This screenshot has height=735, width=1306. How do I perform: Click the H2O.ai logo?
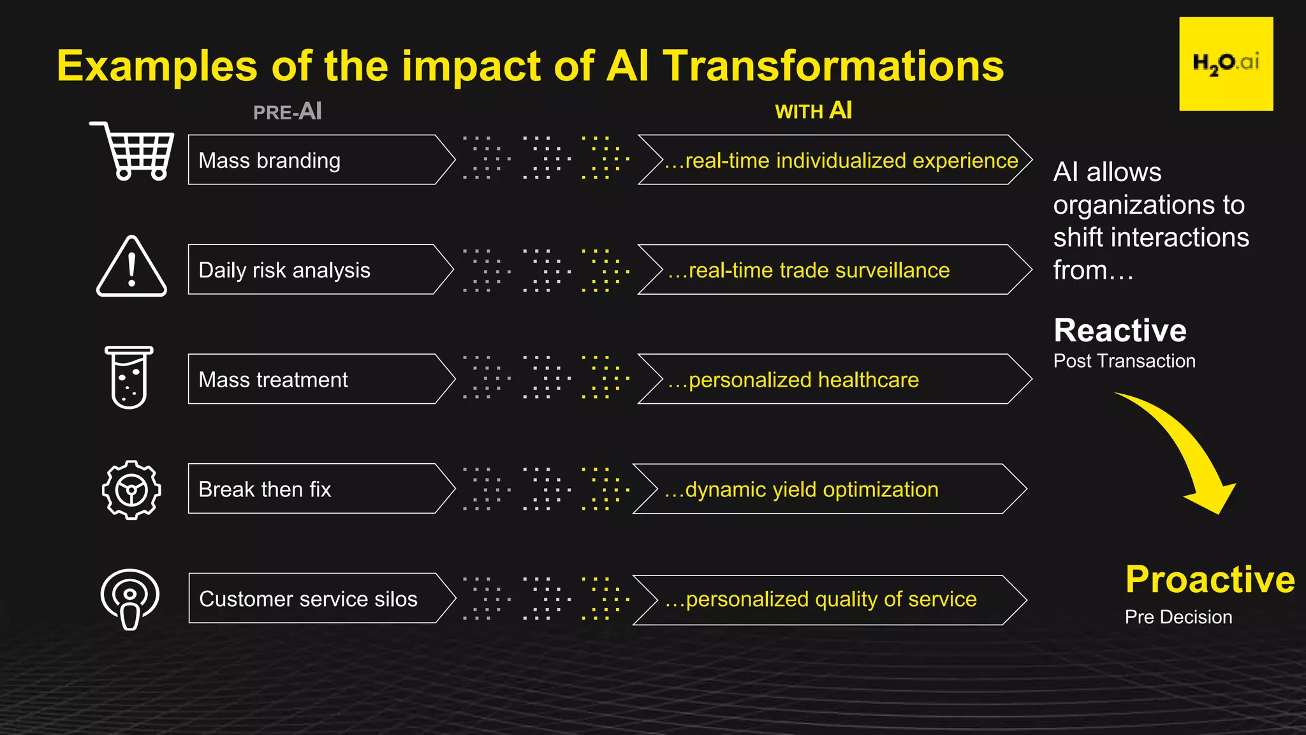tap(1226, 64)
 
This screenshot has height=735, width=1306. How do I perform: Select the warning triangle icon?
tap(131, 267)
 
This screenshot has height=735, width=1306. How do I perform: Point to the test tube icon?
tap(129, 377)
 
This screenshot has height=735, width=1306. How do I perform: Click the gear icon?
tap(131, 489)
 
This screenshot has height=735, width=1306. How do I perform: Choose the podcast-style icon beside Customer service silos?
tap(130, 598)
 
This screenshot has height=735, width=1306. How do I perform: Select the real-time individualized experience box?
tap(835, 160)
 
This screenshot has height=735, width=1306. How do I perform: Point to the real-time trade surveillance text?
tap(809, 271)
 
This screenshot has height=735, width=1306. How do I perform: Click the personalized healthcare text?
tap(793, 380)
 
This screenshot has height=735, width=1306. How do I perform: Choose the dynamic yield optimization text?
tap(802, 490)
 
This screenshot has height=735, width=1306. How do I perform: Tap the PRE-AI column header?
tap(288, 112)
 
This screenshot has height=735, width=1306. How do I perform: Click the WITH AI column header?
tap(813, 111)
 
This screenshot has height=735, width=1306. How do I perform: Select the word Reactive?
tap(1120, 330)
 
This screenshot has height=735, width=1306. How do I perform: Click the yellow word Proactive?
tap(1210, 579)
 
